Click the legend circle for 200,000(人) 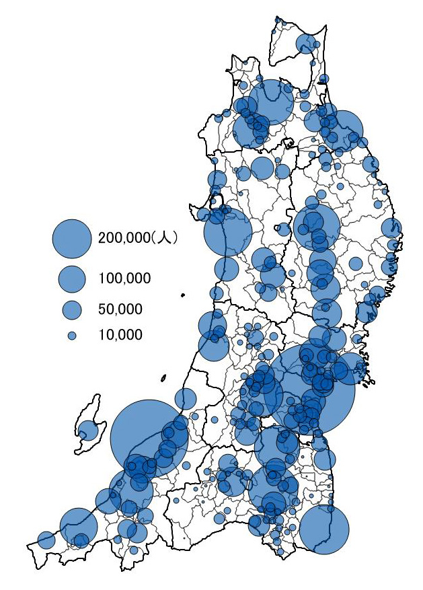71,237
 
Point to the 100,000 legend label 124,279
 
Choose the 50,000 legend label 120,309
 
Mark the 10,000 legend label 120,334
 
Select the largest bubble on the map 312,390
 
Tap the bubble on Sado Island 87,430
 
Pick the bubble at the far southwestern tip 46,540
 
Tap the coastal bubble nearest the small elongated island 217,293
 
